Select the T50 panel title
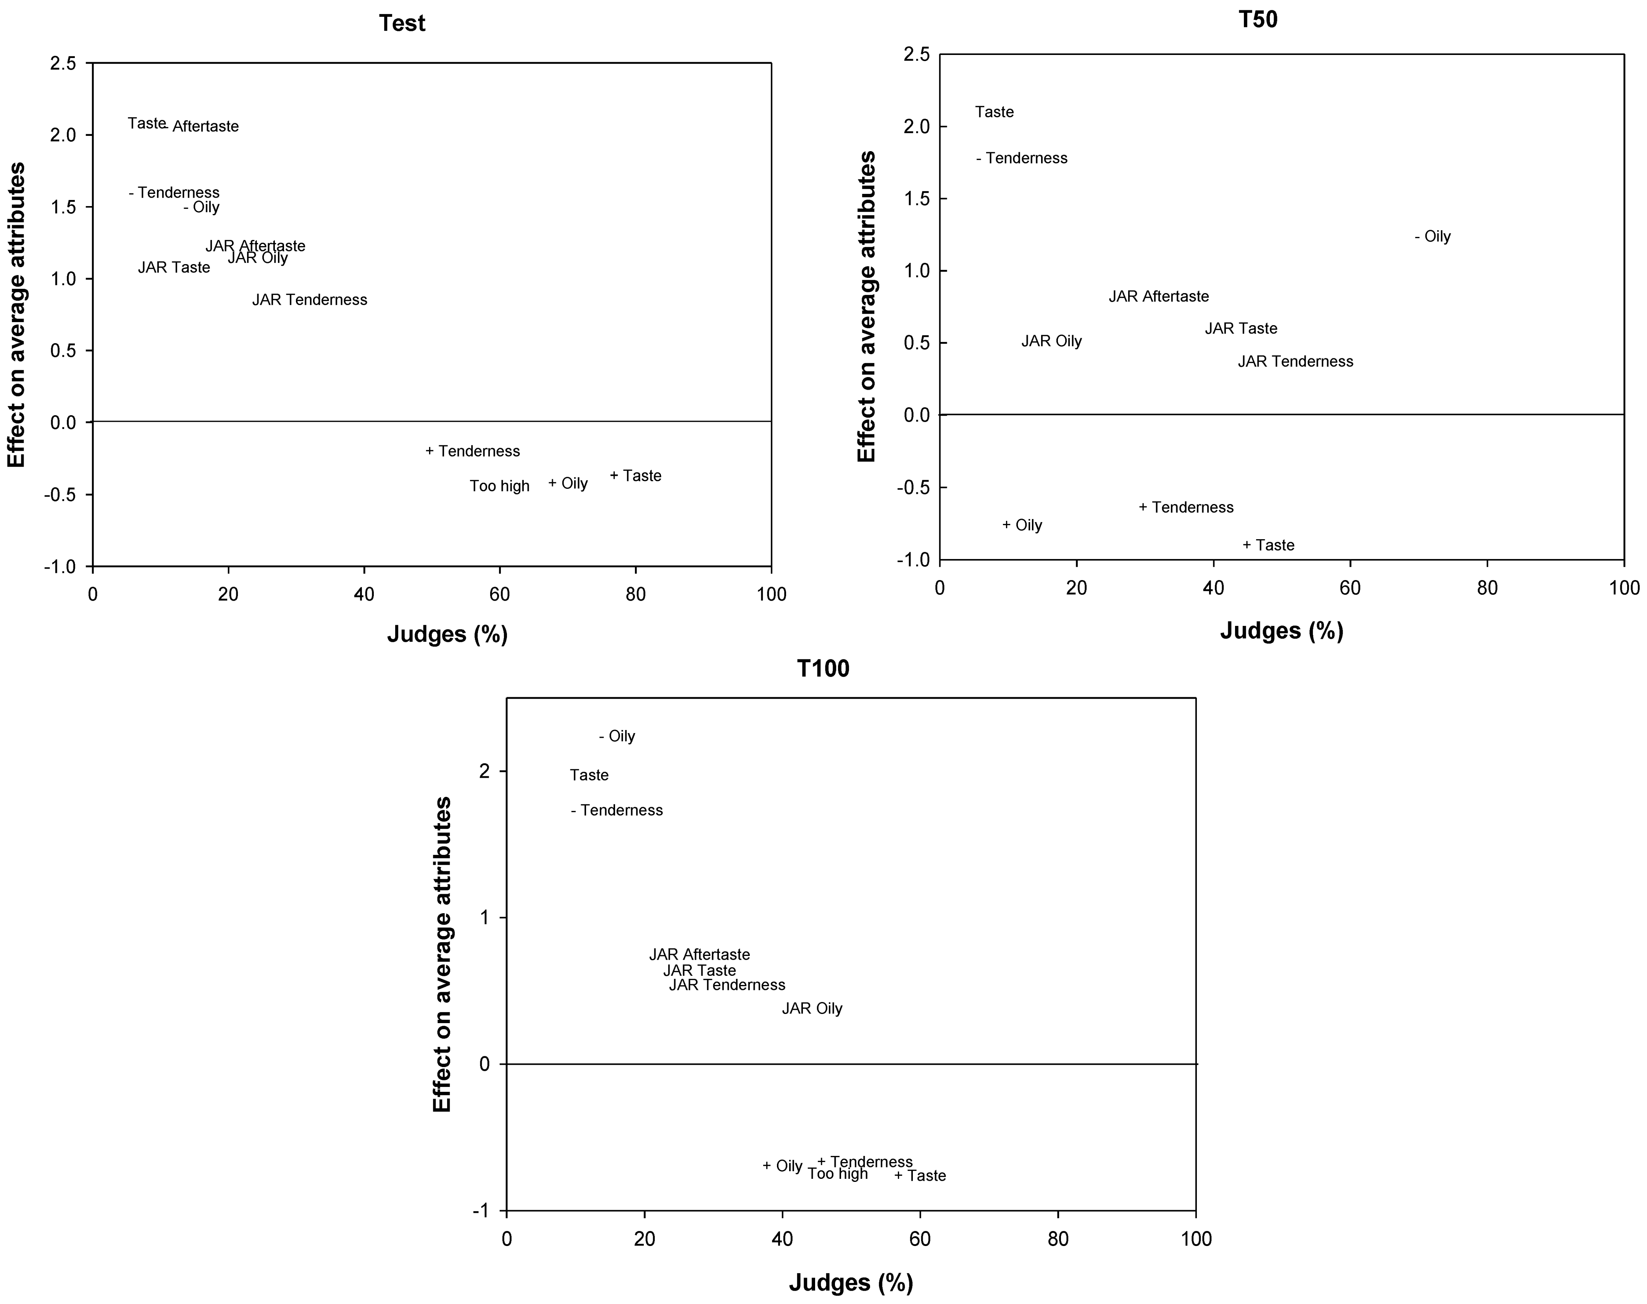[x=1258, y=19]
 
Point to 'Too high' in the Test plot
[x=499, y=486]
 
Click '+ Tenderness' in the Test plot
[x=473, y=451]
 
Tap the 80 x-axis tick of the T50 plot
[x=1487, y=588]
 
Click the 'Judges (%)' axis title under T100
[x=851, y=1283]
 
